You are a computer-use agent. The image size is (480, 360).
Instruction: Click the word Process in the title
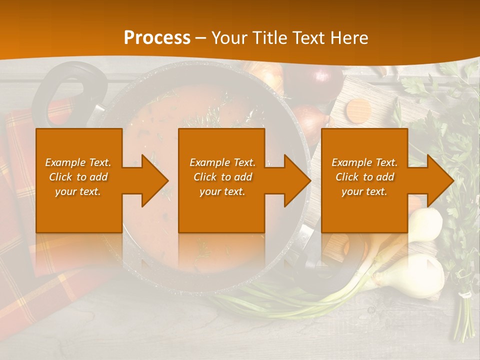[157, 38]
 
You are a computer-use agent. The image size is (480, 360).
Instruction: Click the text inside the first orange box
[78, 177]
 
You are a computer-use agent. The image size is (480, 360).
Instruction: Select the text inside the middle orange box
[222, 177]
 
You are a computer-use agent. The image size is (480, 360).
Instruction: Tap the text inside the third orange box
[364, 177]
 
